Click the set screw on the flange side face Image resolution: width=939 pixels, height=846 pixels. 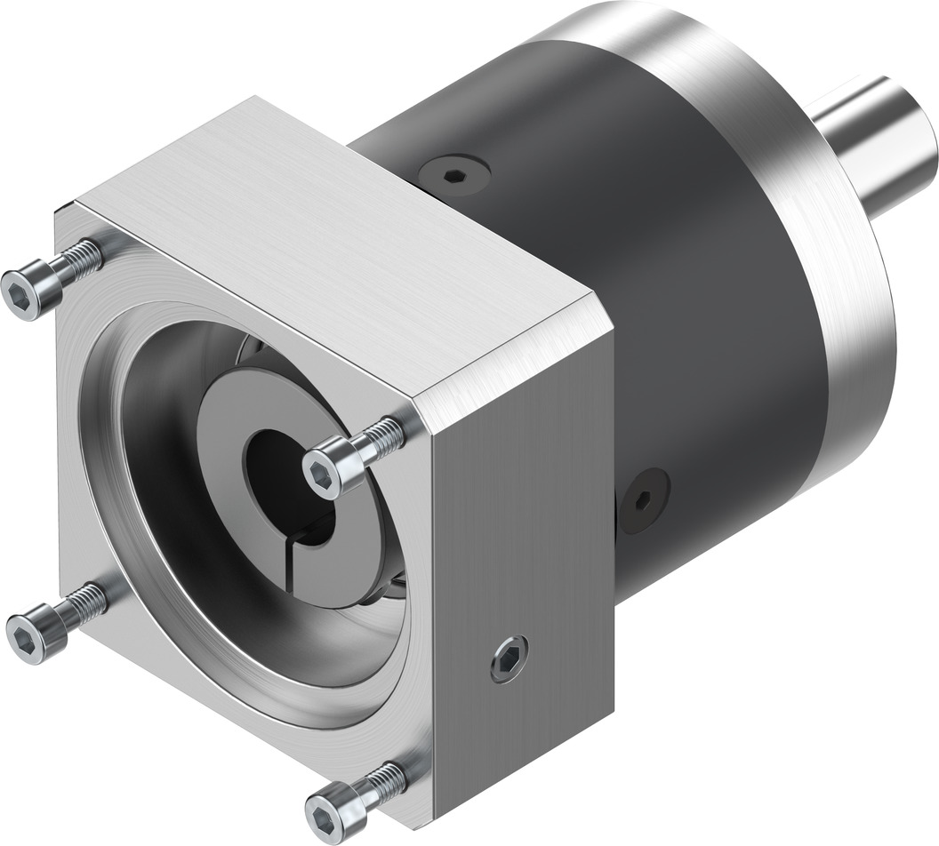pos(509,658)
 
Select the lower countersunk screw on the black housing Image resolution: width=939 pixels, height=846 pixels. pos(643,500)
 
